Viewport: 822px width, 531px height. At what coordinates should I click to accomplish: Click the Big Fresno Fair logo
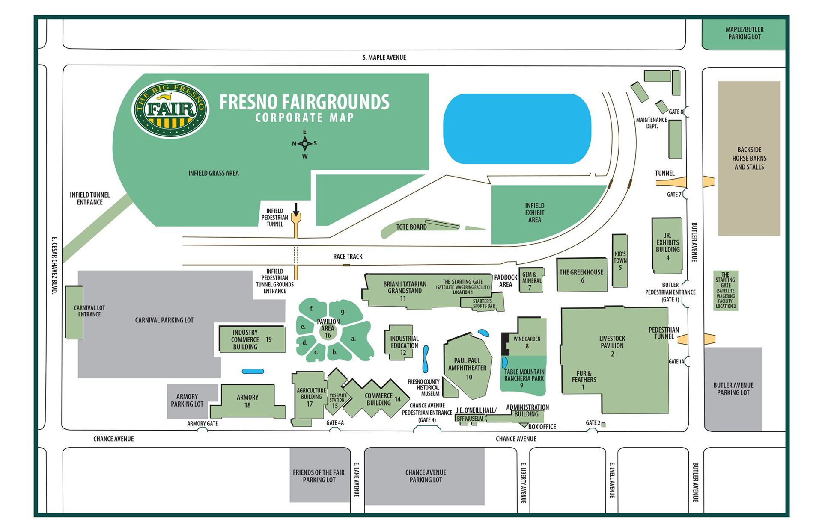(x=170, y=109)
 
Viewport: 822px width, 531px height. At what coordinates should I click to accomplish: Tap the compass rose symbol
(x=304, y=144)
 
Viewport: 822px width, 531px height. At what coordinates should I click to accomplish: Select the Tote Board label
(x=411, y=227)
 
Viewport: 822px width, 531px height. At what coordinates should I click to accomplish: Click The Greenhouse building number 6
(x=581, y=276)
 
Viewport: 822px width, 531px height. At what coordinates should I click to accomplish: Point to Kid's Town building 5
(x=619, y=261)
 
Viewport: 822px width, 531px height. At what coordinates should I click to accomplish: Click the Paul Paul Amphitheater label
(x=467, y=364)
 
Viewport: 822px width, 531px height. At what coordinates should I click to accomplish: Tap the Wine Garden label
(x=527, y=339)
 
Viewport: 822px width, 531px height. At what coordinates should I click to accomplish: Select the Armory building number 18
(x=247, y=401)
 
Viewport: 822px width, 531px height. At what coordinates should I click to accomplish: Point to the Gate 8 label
(x=676, y=112)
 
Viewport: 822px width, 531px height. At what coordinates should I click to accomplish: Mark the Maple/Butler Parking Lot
(x=744, y=33)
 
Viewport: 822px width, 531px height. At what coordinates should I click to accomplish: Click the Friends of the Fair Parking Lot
(x=319, y=476)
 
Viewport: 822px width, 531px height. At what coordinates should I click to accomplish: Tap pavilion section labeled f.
(x=312, y=308)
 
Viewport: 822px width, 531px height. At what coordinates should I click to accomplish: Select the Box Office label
(x=542, y=427)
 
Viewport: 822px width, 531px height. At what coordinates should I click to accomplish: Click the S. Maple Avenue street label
(x=384, y=57)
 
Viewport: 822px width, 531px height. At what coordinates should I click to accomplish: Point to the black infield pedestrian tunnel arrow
(x=296, y=209)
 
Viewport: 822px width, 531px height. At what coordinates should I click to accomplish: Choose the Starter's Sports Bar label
(x=483, y=304)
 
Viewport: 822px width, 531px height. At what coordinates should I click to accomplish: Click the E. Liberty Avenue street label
(x=523, y=482)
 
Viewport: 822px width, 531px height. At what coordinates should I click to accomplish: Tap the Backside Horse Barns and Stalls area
(x=749, y=158)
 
